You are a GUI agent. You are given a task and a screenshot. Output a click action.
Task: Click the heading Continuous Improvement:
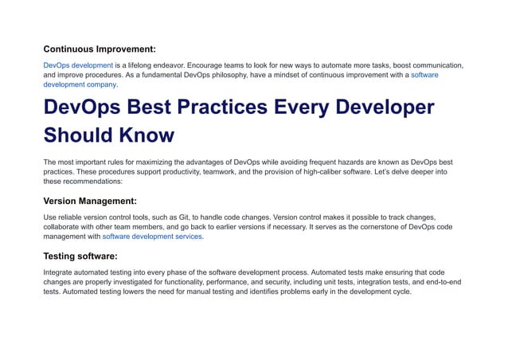100,49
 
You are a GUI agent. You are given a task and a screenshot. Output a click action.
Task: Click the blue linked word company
101,84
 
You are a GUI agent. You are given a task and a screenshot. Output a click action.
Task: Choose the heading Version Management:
90,201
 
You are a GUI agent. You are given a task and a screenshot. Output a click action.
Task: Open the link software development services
153,237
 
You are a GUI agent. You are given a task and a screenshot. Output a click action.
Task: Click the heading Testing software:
80,256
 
